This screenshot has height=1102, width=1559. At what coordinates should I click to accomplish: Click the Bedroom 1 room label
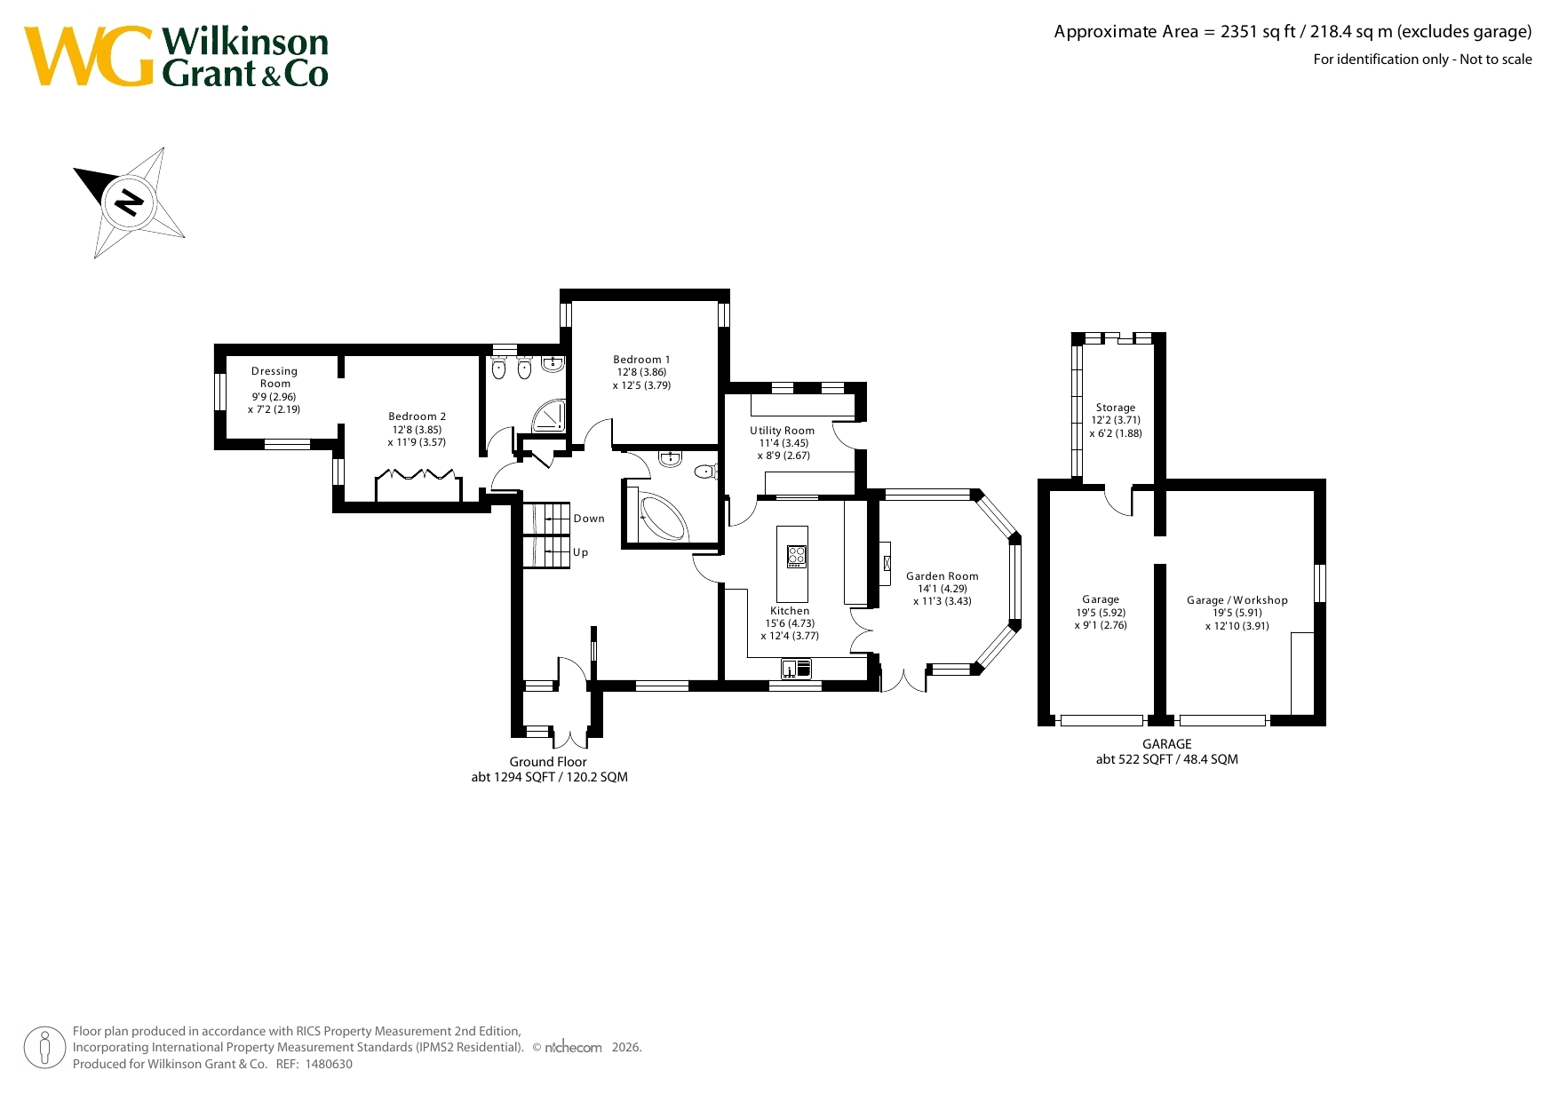(x=641, y=360)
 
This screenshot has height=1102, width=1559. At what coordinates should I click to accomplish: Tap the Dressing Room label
(x=274, y=377)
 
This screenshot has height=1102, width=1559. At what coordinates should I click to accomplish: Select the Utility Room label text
(x=782, y=431)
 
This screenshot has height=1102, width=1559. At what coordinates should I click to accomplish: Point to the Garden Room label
(x=943, y=576)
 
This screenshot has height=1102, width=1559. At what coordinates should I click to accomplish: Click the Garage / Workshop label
(x=1237, y=600)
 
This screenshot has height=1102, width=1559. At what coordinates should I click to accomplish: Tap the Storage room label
(x=1116, y=408)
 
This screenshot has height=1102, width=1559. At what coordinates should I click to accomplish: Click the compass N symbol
(x=130, y=202)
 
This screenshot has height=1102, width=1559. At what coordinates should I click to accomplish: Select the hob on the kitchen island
(x=797, y=557)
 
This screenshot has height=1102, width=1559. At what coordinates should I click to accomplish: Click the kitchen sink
(x=797, y=668)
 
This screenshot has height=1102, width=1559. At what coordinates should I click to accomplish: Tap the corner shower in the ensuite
(x=548, y=416)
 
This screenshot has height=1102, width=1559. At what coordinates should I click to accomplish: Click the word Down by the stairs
(x=589, y=519)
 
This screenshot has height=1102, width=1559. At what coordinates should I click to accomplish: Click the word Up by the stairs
(x=581, y=552)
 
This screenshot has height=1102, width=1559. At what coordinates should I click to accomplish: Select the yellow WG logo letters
(x=89, y=56)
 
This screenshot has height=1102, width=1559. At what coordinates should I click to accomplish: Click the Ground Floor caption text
(x=548, y=762)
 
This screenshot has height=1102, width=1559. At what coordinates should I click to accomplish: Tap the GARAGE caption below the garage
(x=1167, y=744)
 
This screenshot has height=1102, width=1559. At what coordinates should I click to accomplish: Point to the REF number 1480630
(x=329, y=1064)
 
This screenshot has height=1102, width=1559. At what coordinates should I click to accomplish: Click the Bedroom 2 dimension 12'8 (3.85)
(x=418, y=430)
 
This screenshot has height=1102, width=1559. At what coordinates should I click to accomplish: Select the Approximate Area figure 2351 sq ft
(x=1258, y=32)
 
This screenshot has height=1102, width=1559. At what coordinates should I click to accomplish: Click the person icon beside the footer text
(x=44, y=1047)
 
